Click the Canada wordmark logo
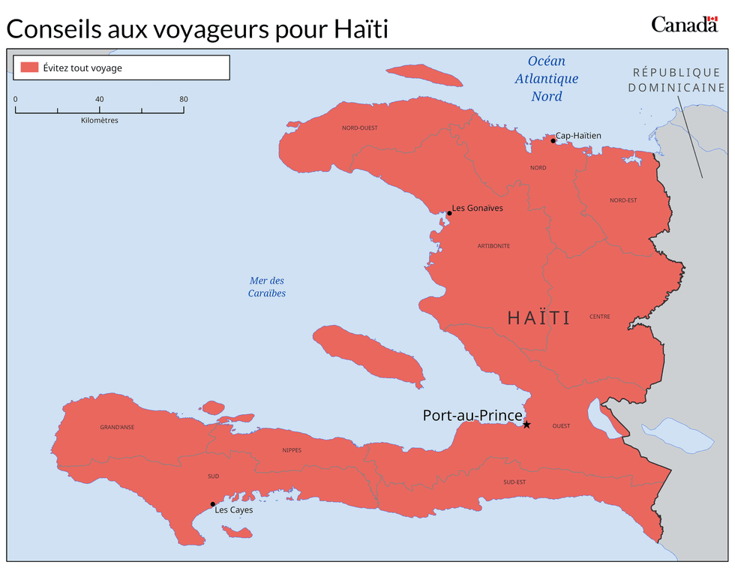coord(684,24)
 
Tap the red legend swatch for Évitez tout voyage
coord(29,68)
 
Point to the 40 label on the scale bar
coord(99,99)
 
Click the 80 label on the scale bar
coord(183,99)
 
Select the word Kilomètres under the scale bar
coord(99,120)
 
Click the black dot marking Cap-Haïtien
coord(553,140)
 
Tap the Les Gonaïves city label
coord(477,208)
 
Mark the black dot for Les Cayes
coord(213,504)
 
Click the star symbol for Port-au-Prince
coord(526,425)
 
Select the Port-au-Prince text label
coord(472,415)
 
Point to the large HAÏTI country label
coord(538,318)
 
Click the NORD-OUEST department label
coord(360,128)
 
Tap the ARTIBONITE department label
coord(493,246)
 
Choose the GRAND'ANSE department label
coord(117,428)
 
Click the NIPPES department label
coord(292,450)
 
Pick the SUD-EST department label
coord(514,482)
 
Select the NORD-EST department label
coord(623,200)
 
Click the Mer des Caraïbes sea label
coord(267,287)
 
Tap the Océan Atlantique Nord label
coord(546,79)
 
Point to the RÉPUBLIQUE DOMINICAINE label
coord(676,80)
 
